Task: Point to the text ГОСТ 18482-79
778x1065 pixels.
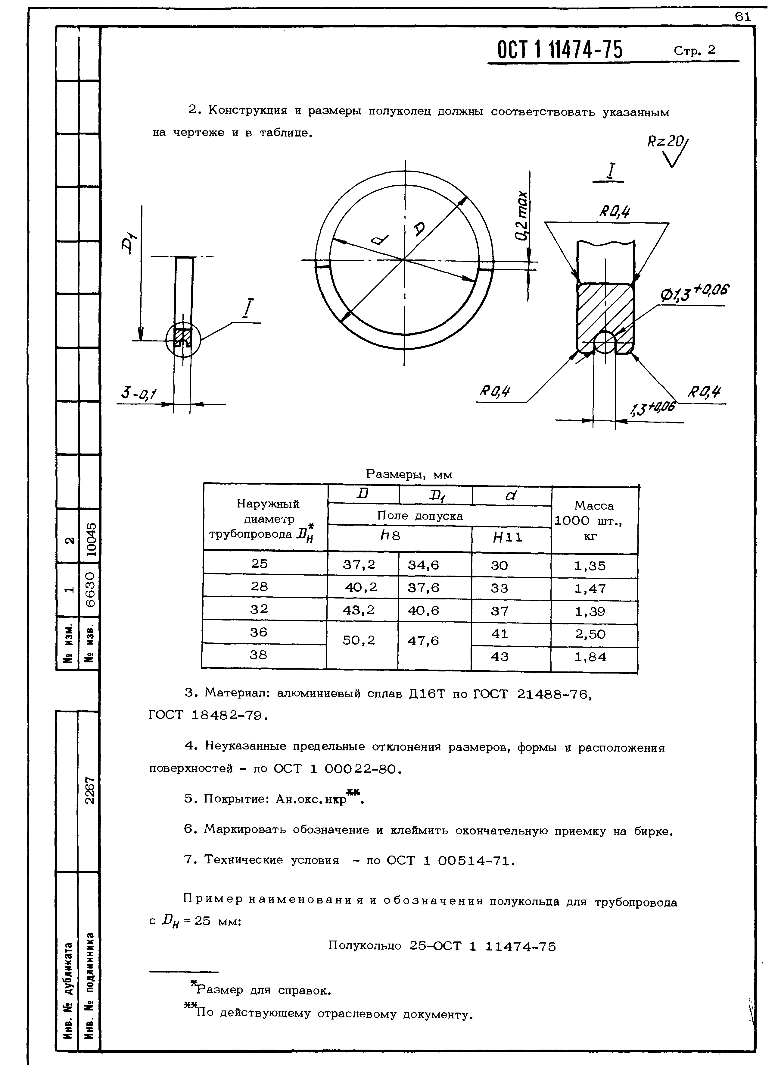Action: (x=208, y=715)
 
